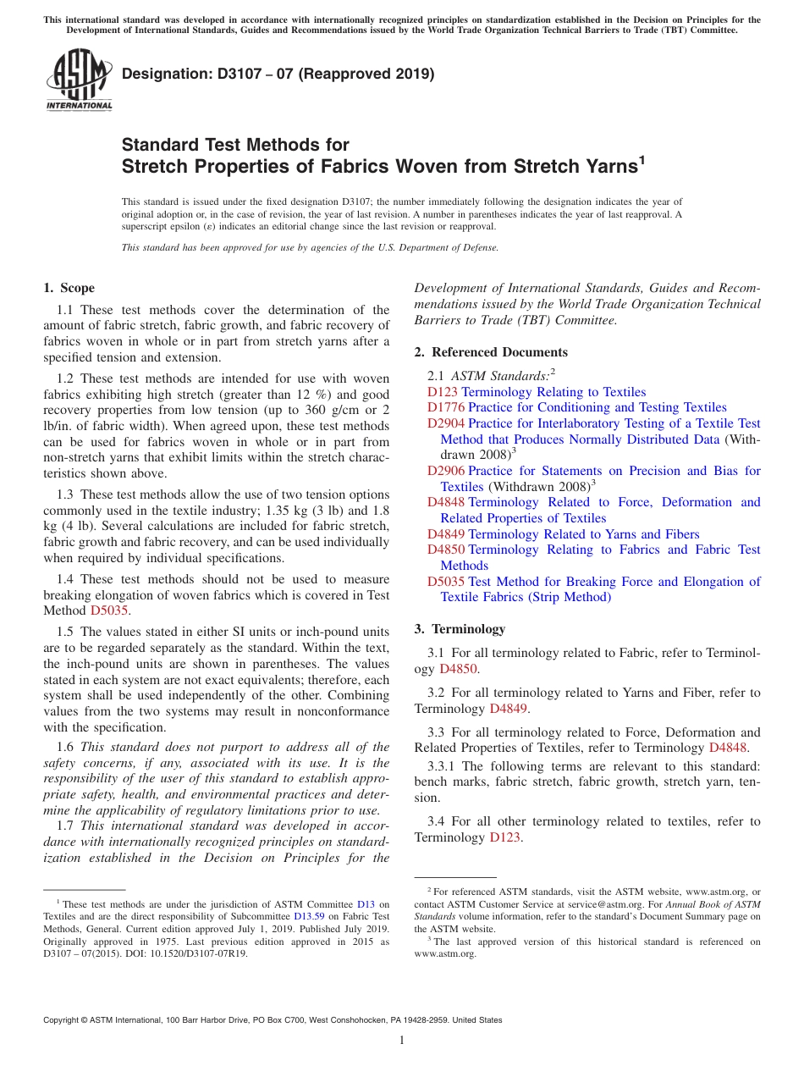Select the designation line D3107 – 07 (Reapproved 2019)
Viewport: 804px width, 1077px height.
(x=278, y=74)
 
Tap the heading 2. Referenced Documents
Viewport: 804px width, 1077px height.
(x=491, y=352)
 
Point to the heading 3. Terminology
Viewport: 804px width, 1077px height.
(x=460, y=629)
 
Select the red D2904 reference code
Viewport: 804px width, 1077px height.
(x=445, y=423)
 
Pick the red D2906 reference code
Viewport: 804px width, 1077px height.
(x=445, y=471)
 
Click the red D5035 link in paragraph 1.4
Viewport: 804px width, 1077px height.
(x=108, y=610)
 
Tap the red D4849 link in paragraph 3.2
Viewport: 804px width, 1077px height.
(x=508, y=709)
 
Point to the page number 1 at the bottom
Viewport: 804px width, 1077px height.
(x=402, y=1041)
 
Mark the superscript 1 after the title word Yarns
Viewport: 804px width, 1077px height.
(x=642, y=158)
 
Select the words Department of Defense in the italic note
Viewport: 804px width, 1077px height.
(x=455, y=248)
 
